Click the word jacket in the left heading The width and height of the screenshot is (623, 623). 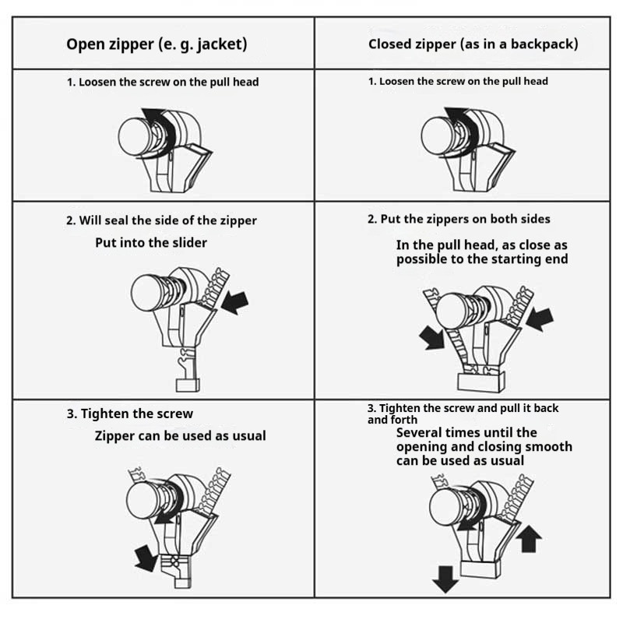(220, 44)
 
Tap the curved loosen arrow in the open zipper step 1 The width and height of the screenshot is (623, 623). (163, 126)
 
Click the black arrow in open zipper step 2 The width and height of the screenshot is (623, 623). (235, 302)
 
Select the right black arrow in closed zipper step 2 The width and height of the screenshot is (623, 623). (540, 319)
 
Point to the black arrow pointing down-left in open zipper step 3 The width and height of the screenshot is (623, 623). (146, 558)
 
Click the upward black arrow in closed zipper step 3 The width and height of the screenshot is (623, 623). (529, 539)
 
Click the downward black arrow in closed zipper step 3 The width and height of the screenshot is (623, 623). (445, 579)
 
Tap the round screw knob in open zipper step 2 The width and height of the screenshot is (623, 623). (146, 293)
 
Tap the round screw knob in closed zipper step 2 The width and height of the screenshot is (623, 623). (452, 311)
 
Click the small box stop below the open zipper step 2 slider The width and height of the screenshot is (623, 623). (188, 385)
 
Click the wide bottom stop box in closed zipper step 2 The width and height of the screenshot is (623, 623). (481, 382)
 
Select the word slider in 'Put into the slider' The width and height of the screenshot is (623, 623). (190, 243)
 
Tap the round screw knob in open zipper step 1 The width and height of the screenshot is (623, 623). (134, 137)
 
